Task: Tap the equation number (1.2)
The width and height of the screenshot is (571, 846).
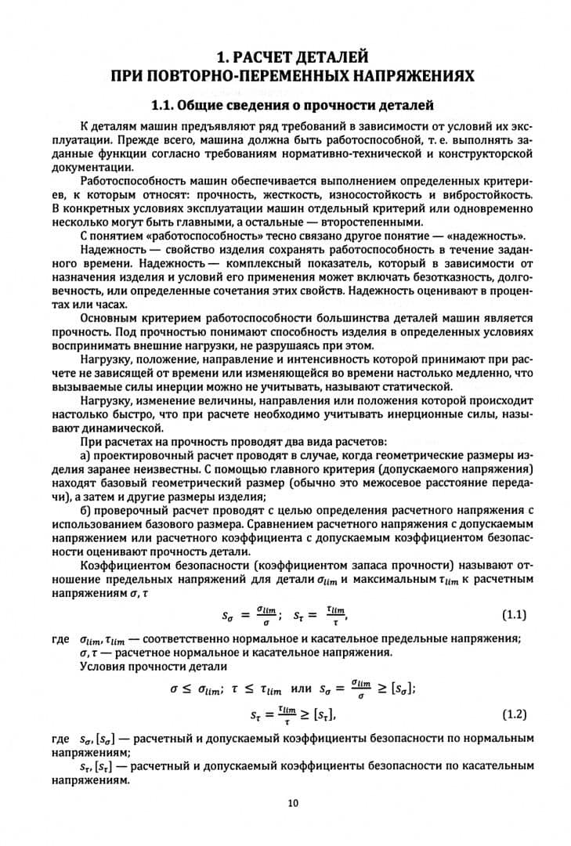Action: [x=512, y=714]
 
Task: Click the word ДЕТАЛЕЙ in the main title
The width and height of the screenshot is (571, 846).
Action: [x=323, y=56]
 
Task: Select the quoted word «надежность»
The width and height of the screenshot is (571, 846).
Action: [x=490, y=237]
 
